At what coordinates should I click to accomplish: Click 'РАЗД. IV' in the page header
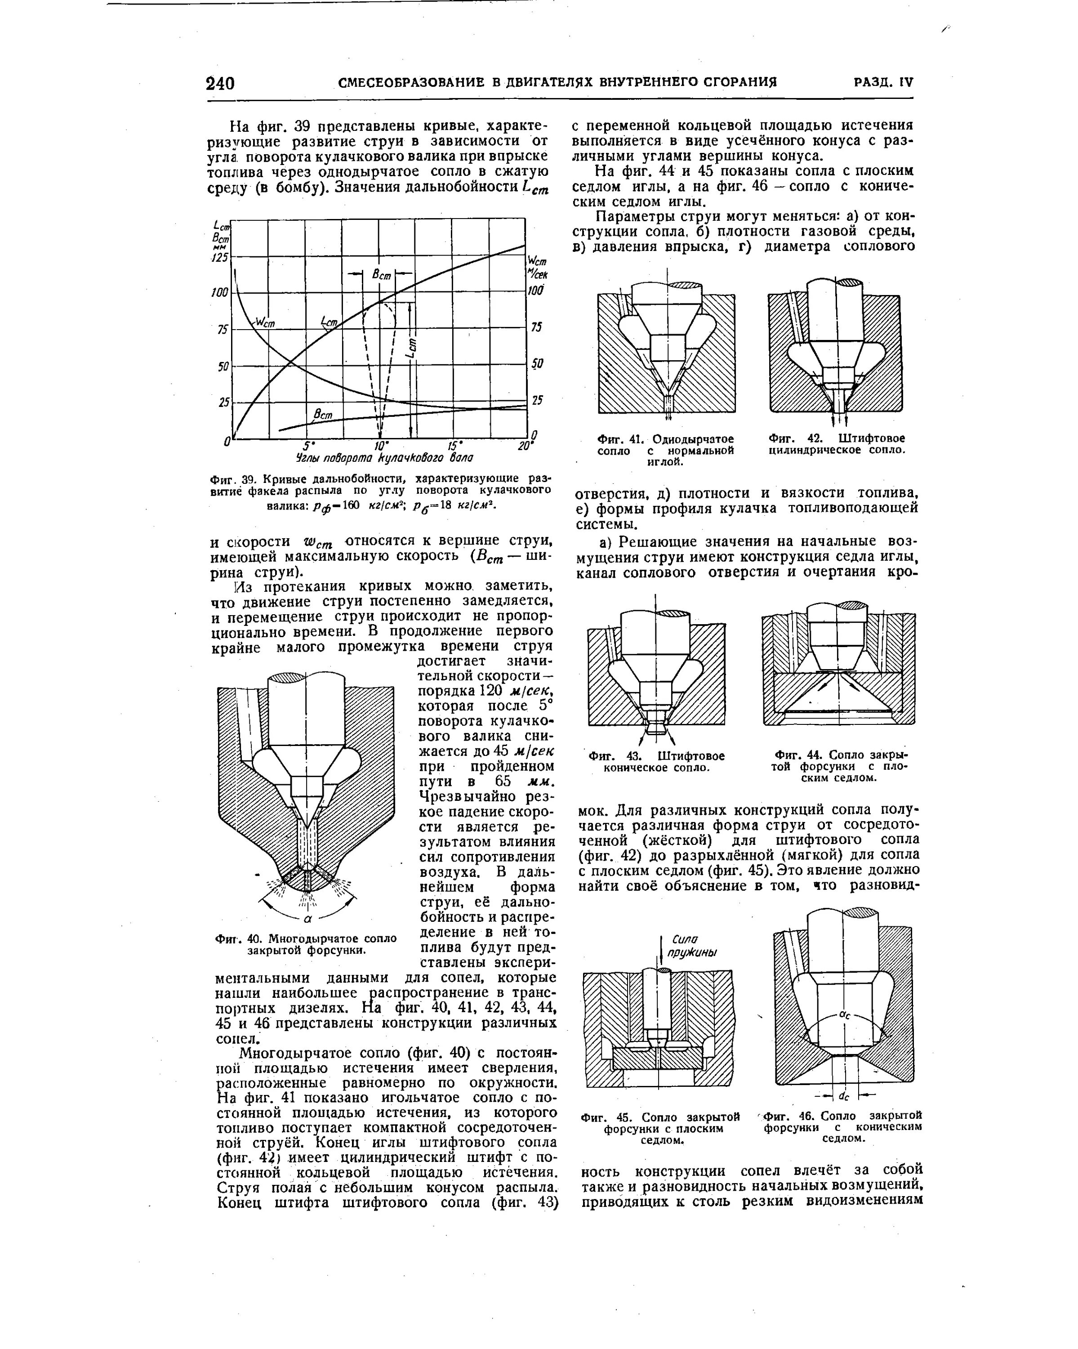[x=883, y=82]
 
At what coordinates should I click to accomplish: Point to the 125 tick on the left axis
[x=220, y=257]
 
